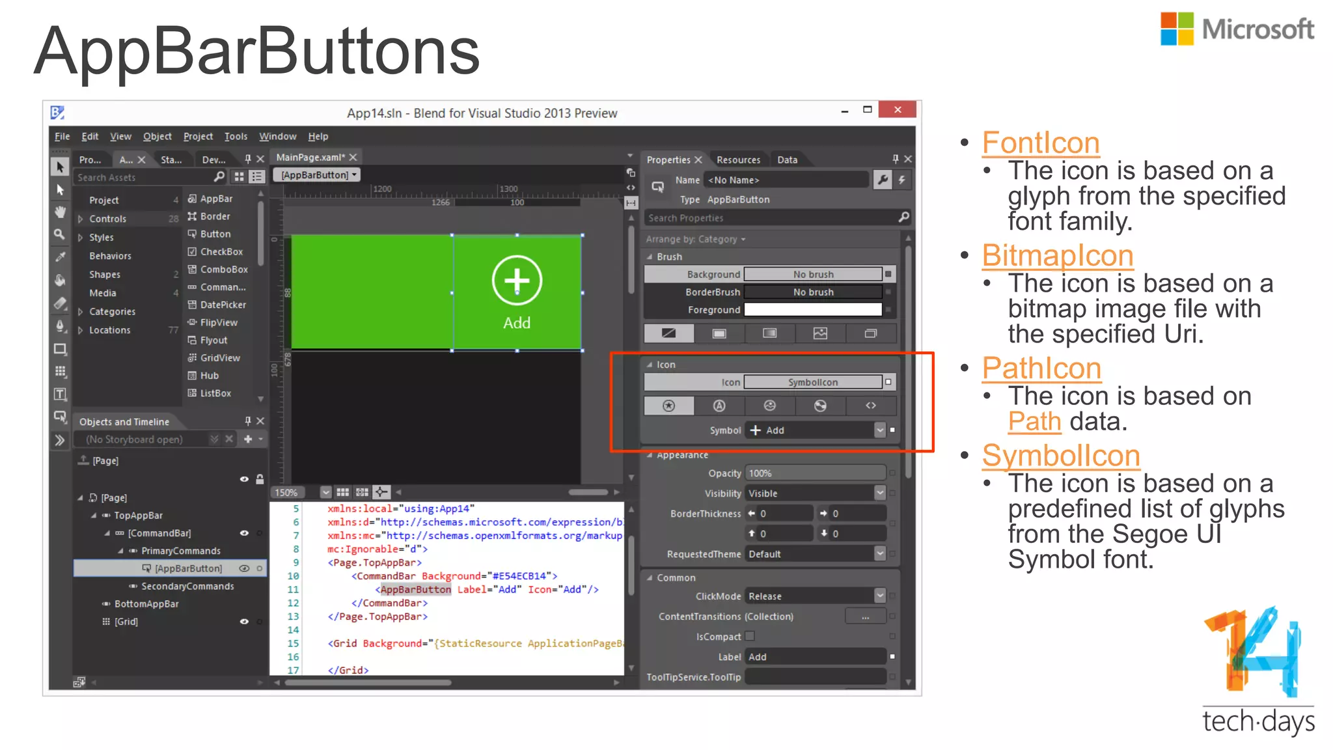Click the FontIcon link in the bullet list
pyautogui.click(x=1040, y=143)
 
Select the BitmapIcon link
pyautogui.click(x=1057, y=255)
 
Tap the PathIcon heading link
pyautogui.click(x=1041, y=368)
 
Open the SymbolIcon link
pyautogui.click(x=1060, y=456)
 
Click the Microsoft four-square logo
pyautogui.click(x=1177, y=29)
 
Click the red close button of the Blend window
pyautogui.click(x=897, y=109)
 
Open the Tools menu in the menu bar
pyautogui.click(x=236, y=136)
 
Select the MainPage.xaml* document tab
pyautogui.click(x=310, y=157)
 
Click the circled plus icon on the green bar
pyautogui.click(x=517, y=281)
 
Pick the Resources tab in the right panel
pyautogui.click(x=738, y=160)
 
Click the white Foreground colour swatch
pyautogui.click(x=812, y=310)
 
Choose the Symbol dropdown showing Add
pyautogui.click(x=816, y=430)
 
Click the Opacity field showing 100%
pyautogui.click(x=815, y=473)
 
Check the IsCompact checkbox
pyautogui.click(x=750, y=636)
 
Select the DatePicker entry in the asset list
pyautogui.click(x=223, y=305)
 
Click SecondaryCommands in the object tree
pyautogui.click(x=187, y=586)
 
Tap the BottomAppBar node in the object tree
pyautogui.click(x=146, y=604)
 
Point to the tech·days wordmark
pyautogui.click(x=1257, y=721)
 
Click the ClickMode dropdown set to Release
pyautogui.click(x=816, y=596)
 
